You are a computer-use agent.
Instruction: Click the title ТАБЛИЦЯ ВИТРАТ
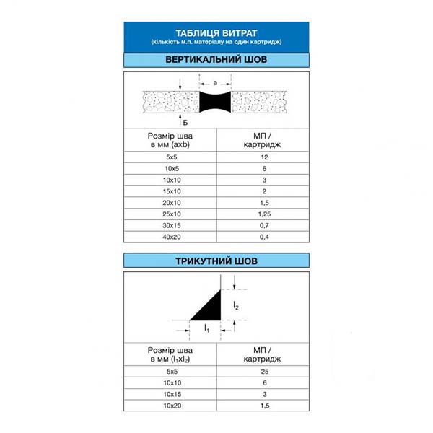point(216,32)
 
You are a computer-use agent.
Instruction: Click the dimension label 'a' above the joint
point(215,83)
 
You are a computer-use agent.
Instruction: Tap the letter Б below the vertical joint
point(185,123)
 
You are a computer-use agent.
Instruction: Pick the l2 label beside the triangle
point(236,306)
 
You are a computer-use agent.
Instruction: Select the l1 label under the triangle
point(207,328)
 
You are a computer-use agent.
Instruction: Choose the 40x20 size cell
point(170,236)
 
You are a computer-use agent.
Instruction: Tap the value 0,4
point(264,236)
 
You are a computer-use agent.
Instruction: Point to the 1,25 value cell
point(264,214)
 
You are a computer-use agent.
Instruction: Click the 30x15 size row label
point(170,225)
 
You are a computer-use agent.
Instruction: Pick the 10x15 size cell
point(170,394)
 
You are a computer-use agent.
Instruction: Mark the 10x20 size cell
point(170,406)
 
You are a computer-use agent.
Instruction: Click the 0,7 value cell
point(264,225)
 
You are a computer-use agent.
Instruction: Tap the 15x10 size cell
point(170,191)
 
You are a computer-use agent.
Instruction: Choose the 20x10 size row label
point(170,203)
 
